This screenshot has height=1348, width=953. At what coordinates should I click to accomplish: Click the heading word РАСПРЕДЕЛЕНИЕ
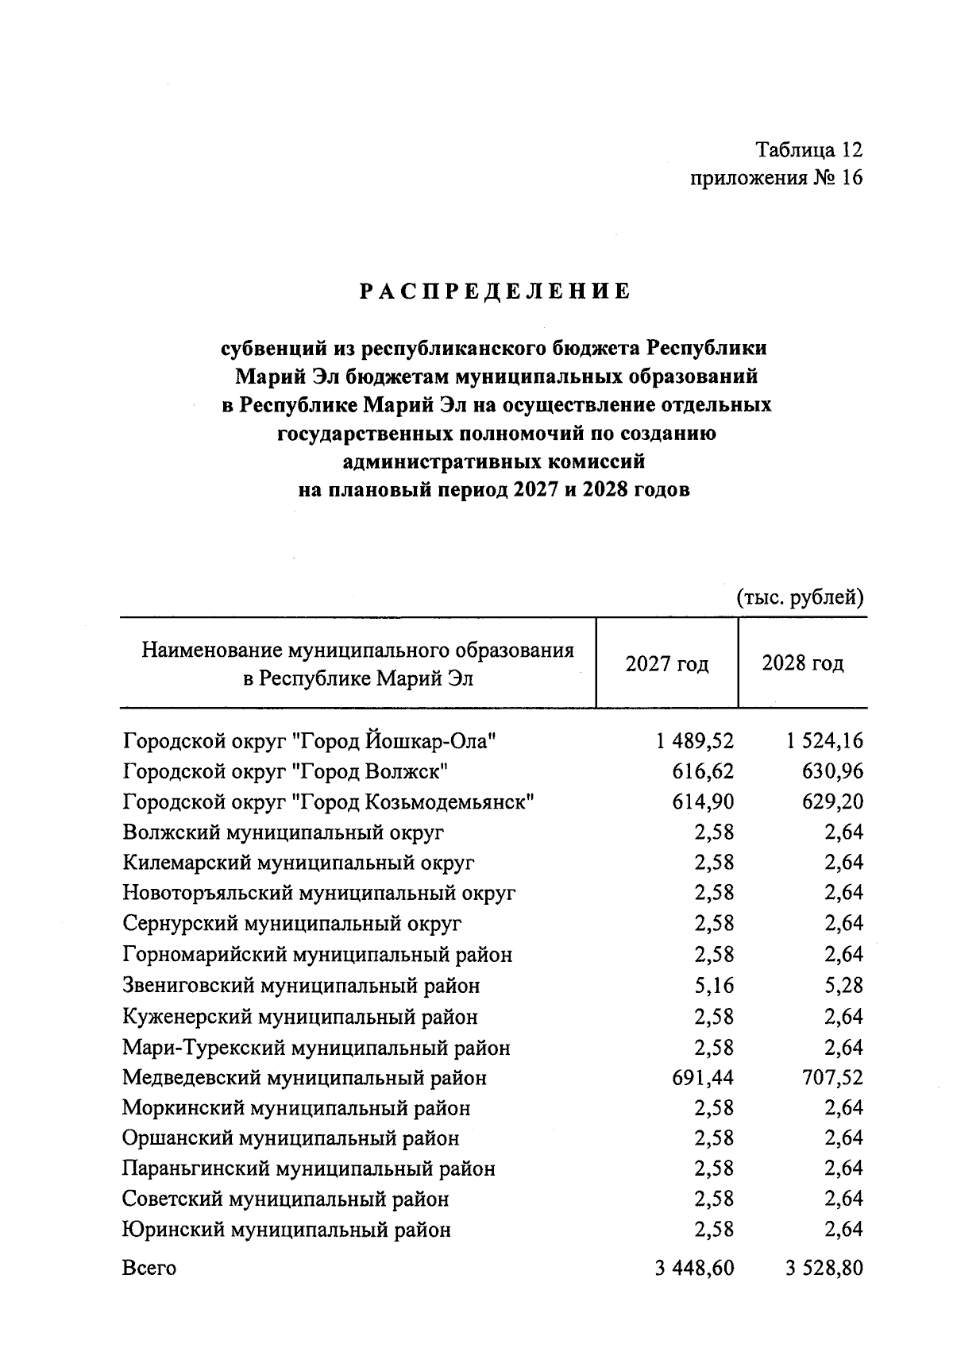495,292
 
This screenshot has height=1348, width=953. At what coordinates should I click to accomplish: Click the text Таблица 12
808,149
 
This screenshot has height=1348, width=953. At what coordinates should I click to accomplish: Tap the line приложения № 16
776,178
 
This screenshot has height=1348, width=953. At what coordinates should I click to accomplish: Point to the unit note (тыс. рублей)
800,597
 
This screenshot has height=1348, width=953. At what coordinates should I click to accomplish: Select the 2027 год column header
666,663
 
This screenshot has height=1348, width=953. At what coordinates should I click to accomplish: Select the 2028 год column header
802,663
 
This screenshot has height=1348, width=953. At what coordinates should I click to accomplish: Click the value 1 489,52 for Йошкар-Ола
695,741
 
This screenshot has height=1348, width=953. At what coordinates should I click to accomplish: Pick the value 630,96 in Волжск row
832,771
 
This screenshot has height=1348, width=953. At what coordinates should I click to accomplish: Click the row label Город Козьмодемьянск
328,801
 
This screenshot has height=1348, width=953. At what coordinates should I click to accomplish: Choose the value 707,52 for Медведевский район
828,1078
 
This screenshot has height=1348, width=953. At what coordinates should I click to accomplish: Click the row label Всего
149,1268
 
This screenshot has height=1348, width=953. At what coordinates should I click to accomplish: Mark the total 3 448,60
694,1268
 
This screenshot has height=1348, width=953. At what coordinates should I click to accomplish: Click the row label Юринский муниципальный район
287,1230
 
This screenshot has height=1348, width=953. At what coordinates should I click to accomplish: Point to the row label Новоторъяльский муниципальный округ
319,893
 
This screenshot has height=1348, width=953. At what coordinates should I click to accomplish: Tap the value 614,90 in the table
703,801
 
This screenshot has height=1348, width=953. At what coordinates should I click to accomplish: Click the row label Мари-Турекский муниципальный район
316,1048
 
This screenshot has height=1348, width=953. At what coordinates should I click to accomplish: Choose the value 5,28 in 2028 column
843,986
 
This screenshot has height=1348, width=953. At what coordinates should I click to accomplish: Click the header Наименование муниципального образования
357,651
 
